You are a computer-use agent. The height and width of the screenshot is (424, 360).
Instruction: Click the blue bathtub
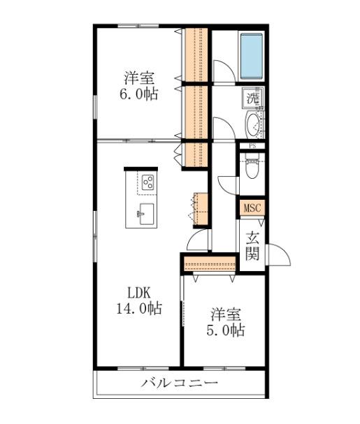(251, 56)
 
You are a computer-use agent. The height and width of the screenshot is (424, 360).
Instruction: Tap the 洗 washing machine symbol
(252, 98)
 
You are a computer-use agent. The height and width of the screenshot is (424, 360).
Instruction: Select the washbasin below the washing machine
(252, 125)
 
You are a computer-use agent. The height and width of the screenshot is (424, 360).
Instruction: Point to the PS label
(252, 147)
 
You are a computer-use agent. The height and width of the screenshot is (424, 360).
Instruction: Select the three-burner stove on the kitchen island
(147, 182)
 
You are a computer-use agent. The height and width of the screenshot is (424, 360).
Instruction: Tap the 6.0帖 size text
(139, 94)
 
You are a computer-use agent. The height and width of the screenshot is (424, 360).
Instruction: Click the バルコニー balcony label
(179, 383)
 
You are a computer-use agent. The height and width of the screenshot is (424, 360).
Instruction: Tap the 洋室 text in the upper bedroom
(139, 77)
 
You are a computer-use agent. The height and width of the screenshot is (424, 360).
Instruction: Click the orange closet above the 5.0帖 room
(210, 264)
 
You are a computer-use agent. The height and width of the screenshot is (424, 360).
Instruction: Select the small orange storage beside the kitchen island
(201, 207)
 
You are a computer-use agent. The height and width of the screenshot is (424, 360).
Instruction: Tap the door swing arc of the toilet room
(228, 183)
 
